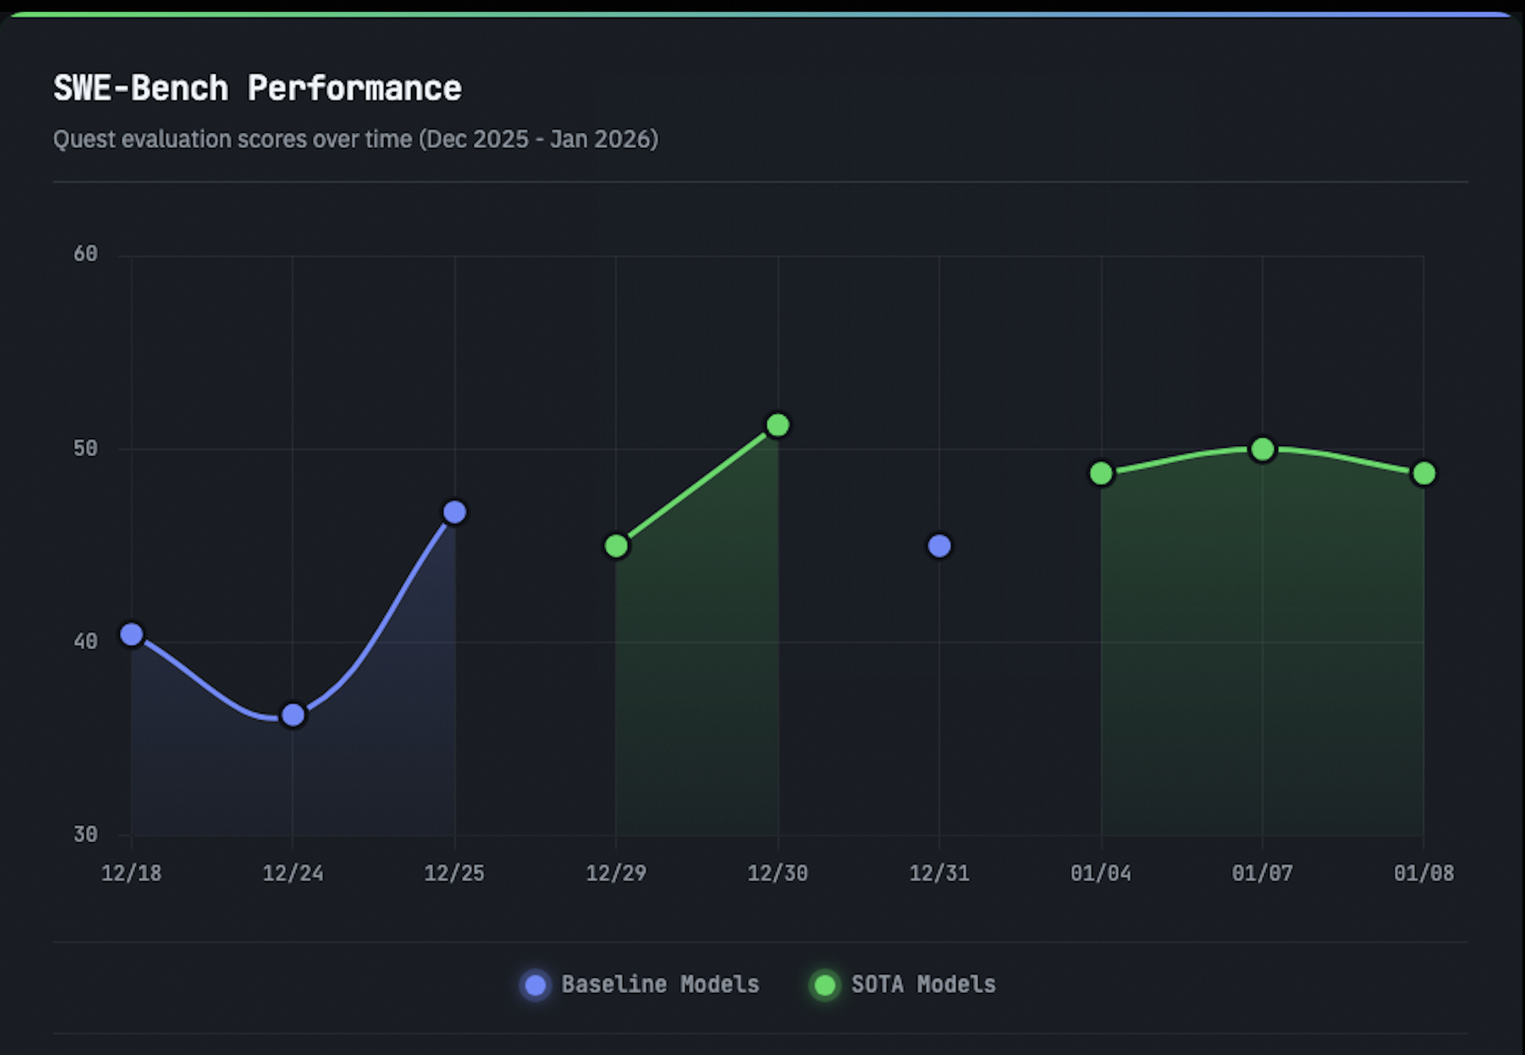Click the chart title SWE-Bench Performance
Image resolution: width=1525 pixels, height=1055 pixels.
tap(257, 88)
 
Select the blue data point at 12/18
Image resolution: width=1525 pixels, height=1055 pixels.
tap(132, 635)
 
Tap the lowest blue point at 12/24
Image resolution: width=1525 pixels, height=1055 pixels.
tap(293, 715)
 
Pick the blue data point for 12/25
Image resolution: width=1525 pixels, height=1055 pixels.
tap(454, 512)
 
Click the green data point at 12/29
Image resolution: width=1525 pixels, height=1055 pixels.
tap(616, 546)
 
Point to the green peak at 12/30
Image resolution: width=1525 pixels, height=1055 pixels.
tap(778, 425)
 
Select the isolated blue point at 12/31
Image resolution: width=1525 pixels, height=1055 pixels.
tap(939, 546)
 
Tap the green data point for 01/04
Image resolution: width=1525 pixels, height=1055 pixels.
tap(1101, 473)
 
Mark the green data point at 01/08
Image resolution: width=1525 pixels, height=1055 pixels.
tap(1424, 473)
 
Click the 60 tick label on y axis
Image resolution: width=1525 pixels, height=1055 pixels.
tap(85, 254)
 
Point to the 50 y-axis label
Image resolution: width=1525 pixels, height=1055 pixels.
tap(85, 448)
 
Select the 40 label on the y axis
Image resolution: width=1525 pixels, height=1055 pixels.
tap(85, 641)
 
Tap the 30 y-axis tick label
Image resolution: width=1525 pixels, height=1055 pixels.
tap(85, 834)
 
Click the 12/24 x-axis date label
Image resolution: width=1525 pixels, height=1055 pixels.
tap(293, 874)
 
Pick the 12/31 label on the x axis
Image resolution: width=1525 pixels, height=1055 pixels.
tap(939, 874)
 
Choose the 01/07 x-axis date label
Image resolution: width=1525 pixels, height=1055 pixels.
tap(1262, 874)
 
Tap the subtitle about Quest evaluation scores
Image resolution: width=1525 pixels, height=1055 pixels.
tap(356, 139)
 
